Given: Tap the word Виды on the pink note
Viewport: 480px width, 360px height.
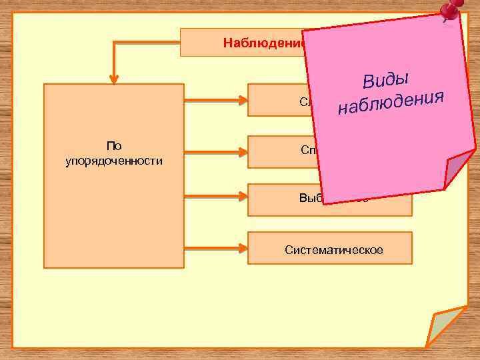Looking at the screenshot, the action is point(385,79).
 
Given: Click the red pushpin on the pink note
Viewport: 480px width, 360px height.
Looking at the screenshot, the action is point(450,11).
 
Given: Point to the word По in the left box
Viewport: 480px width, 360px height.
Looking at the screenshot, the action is point(113,146).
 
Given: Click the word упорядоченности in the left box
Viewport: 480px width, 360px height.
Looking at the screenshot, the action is point(113,161).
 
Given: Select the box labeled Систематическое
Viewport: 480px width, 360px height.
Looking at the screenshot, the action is point(330,248).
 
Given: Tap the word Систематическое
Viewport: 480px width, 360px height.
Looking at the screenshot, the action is point(333,250).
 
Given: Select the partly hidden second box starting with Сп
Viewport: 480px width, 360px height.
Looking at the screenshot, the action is point(280,152).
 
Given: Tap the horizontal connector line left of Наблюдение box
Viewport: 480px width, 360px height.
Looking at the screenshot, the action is point(147,42).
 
